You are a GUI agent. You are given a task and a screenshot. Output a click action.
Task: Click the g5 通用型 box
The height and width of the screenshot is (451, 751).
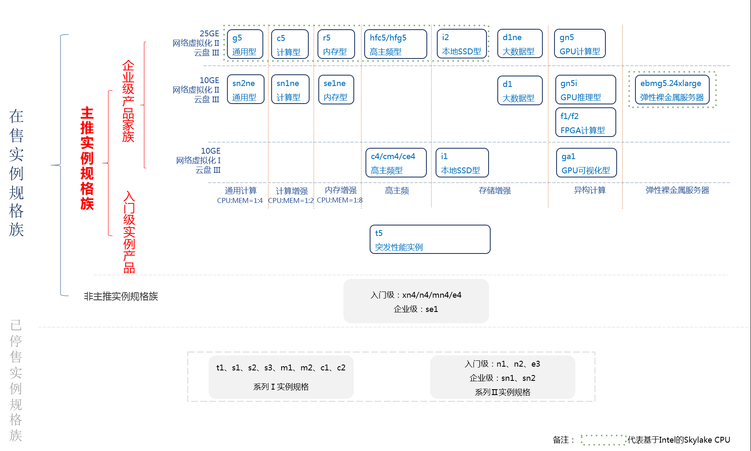(245, 44)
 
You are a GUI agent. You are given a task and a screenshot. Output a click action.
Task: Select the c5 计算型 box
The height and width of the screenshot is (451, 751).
(290, 44)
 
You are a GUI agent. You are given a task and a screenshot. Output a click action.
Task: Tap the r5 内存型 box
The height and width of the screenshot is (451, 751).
(336, 44)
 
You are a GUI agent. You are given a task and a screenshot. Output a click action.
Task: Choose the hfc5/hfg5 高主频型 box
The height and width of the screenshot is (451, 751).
(395, 44)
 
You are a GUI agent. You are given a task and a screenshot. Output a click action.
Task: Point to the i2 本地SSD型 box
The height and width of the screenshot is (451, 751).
(462, 44)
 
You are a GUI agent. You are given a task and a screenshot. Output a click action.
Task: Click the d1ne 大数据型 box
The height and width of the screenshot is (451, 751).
(519, 44)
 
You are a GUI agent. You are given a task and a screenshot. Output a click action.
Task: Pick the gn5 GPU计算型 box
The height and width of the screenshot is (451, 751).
(580, 44)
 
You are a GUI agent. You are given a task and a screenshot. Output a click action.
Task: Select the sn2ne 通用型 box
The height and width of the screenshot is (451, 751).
(245, 90)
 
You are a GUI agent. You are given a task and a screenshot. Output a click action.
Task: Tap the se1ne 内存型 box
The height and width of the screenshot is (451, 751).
(336, 90)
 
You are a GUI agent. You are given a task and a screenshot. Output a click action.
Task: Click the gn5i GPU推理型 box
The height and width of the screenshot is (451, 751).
(585, 90)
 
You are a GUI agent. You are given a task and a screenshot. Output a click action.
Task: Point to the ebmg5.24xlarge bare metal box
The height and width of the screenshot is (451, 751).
(672, 90)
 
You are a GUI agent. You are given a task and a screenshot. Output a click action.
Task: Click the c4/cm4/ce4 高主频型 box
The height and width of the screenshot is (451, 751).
(396, 163)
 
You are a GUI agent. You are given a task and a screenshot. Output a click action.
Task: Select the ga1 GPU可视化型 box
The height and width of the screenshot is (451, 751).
(586, 163)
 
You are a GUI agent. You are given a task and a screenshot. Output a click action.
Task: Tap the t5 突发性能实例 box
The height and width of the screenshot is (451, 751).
(430, 240)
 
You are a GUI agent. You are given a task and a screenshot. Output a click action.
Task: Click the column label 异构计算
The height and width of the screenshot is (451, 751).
(590, 190)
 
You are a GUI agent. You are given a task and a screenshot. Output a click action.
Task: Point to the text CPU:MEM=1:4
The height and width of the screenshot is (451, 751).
(239, 201)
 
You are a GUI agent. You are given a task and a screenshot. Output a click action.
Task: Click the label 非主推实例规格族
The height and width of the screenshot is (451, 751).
(121, 296)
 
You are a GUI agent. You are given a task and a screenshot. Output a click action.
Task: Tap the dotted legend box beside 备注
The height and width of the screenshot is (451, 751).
(603, 440)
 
